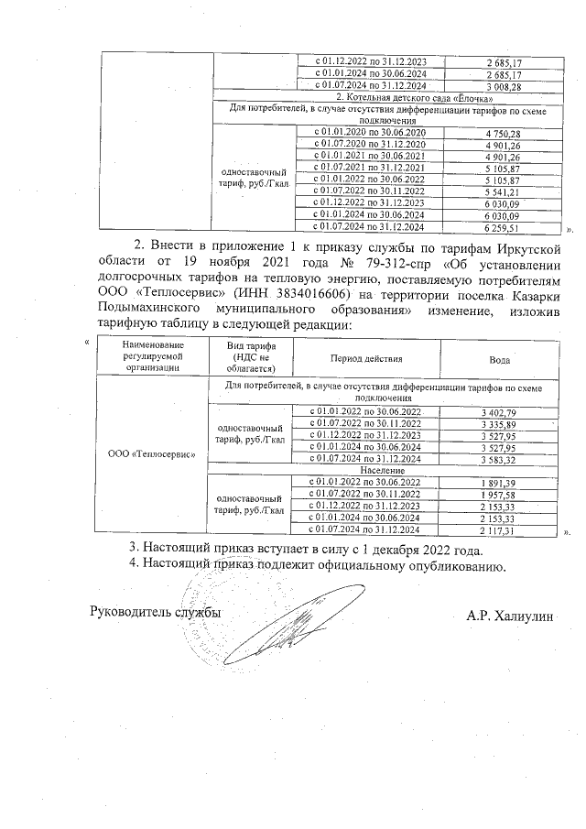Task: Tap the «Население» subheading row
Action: (385, 470)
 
